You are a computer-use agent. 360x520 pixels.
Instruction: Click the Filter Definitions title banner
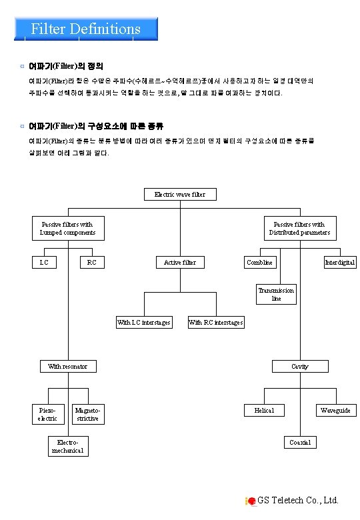pyautogui.click(x=85, y=29)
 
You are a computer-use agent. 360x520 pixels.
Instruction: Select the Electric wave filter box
pyautogui.click(x=180, y=195)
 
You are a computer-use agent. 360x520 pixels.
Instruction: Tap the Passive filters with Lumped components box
pyautogui.click(x=67, y=229)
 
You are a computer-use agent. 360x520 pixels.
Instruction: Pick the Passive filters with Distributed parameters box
pyautogui.click(x=299, y=229)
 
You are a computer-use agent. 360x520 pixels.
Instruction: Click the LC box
pyautogui.click(x=44, y=263)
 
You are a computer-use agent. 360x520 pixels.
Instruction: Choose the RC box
pyautogui.click(x=92, y=263)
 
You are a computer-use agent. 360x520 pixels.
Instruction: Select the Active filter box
pyautogui.click(x=180, y=263)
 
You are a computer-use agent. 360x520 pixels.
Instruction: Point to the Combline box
pyautogui.click(x=259, y=263)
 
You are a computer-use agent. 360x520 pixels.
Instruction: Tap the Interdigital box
pyautogui.click(x=340, y=263)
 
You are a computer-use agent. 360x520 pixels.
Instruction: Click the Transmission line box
pyautogui.click(x=276, y=295)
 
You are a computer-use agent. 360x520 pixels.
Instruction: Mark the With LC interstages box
pyautogui.click(x=143, y=323)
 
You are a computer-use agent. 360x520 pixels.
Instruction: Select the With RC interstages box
pyautogui.click(x=215, y=323)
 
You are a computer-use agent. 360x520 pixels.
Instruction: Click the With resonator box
pyautogui.click(x=67, y=367)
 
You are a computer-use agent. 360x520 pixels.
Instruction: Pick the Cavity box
pyautogui.click(x=299, y=367)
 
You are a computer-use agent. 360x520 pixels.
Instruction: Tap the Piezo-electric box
pyautogui.click(x=47, y=414)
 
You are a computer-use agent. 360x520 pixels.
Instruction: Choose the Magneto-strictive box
pyautogui.click(x=87, y=414)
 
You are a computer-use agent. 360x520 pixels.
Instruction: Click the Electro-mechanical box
pyautogui.click(x=67, y=446)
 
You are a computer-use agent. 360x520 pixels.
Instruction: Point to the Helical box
pyautogui.click(x=264, y=411)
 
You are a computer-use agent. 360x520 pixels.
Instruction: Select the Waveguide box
pyautogui.click(x=335, y=411)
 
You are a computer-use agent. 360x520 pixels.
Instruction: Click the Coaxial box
pyautogui.click(x=299, y=443)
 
